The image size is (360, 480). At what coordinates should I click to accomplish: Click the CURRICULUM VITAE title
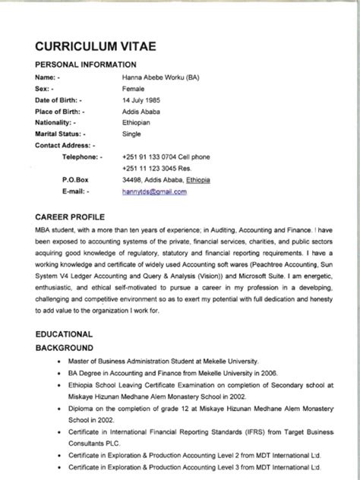click(x=96, y=46)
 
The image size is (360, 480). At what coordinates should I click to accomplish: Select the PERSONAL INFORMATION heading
click(x=86, y=65)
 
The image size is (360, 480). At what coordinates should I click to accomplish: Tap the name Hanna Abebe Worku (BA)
click(x=161, y=77)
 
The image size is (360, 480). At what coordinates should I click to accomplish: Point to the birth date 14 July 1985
click(x=141, y=100)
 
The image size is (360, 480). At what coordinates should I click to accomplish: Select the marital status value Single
click(x=131, y=134)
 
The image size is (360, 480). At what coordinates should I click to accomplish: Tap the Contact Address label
click(x=65, y=145)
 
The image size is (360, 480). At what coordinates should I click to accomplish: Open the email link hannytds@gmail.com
click(x=154, y=192)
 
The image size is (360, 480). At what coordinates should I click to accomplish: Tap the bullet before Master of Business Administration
click(x=59, y=362)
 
